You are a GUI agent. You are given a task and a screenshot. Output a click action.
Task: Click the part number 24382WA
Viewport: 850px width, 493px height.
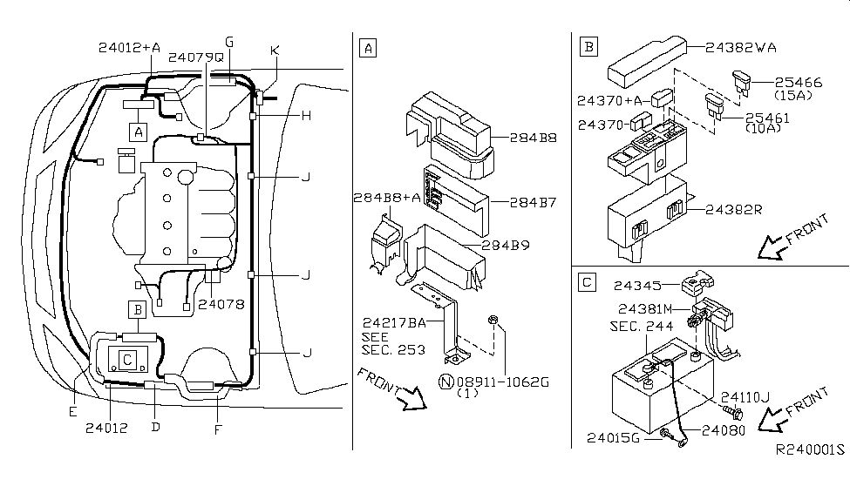[741, 48]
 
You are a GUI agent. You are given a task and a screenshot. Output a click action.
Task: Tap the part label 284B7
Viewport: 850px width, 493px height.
[533, 202]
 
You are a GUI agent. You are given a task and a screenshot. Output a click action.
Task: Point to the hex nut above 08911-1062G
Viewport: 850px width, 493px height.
[493, 320]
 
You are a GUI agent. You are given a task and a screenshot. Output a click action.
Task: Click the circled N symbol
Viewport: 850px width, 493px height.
[445, 382]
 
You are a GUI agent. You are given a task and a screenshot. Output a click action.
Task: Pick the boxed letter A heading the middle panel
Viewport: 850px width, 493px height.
[368, 48]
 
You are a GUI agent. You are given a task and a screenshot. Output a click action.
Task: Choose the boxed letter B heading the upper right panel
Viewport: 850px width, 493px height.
[588, 46]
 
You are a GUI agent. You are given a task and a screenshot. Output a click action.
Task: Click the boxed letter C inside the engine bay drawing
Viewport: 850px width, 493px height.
[127, 360]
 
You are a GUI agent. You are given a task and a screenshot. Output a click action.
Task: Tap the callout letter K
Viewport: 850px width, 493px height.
[275, 51]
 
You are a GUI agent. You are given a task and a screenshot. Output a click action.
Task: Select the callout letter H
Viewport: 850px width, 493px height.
[306, 115]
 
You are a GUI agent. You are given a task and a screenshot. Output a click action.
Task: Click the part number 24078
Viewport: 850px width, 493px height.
[221, 305]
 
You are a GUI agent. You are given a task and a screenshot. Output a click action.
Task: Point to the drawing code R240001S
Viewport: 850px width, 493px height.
[810, 449]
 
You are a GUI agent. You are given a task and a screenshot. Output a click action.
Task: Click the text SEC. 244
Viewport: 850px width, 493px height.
[642, 326]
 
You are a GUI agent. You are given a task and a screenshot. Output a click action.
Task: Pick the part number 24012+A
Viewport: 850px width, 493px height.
[130, 48]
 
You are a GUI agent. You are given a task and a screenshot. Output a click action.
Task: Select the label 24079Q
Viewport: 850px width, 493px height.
[195, 57]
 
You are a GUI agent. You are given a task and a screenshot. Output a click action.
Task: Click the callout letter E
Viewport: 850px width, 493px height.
[73, 412]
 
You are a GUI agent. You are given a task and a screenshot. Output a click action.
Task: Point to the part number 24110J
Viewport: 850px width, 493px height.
[745, 397]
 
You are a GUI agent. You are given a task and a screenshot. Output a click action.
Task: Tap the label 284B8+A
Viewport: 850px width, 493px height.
[387, 198]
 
